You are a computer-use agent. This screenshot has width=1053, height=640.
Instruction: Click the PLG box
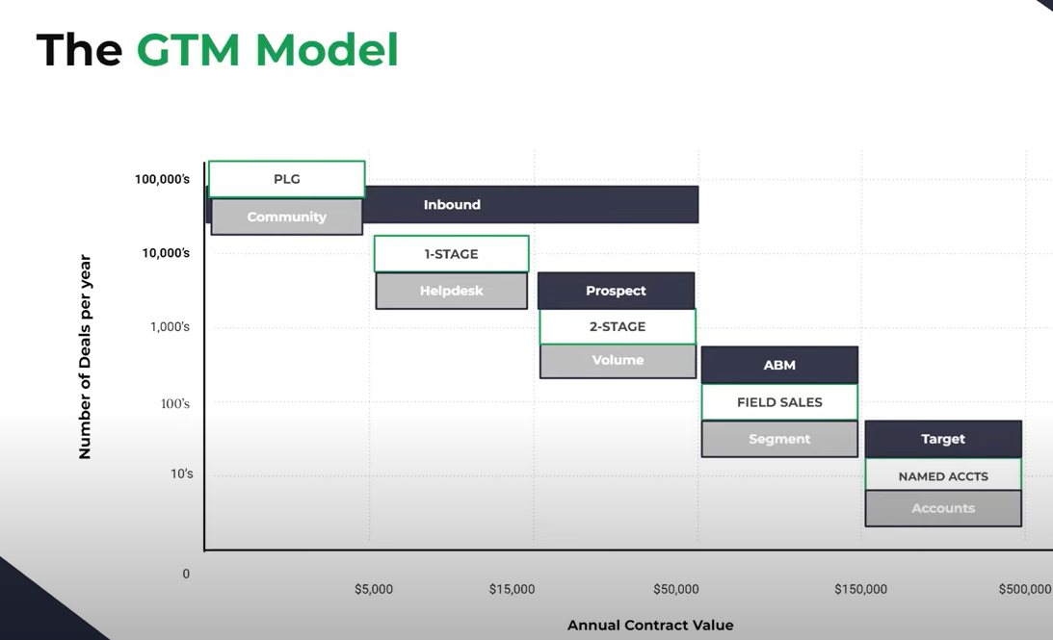tap(287, 179)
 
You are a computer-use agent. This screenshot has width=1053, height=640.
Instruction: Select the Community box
tap(287, 217)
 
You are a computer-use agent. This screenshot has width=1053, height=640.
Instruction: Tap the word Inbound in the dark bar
tap(452, 205)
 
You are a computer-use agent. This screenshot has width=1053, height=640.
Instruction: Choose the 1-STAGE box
tap(451, 253)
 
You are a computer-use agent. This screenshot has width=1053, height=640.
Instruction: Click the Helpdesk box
tap(451, 291)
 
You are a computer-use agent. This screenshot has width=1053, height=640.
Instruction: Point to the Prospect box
tap(616, 291)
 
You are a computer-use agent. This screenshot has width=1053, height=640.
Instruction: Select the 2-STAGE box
tap(618, 326)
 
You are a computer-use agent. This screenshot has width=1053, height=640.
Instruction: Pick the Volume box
tap(618, 361)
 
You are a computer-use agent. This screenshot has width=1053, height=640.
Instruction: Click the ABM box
tap(779, 365)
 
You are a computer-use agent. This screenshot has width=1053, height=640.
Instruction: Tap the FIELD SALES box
tap(779, 402)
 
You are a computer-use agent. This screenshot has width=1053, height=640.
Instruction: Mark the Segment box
tap(779, 439)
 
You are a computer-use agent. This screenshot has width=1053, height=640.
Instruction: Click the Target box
tap(943, 439)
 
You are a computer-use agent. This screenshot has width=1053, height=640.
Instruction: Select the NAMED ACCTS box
tap(943, 475)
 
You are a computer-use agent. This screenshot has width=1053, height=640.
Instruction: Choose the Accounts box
tap(943, 508)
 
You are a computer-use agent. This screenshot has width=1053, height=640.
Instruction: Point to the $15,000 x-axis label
tap(512, 589)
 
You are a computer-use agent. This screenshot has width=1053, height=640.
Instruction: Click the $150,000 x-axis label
tap(861, 589)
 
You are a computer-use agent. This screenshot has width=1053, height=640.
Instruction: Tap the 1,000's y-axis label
tap(170, 326)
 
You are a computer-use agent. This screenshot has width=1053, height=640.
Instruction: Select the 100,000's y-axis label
tap(162, 179)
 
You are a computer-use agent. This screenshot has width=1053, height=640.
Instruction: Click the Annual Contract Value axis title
tap(650, 626)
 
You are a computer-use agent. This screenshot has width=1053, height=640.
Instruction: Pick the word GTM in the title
tap(188, 50)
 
